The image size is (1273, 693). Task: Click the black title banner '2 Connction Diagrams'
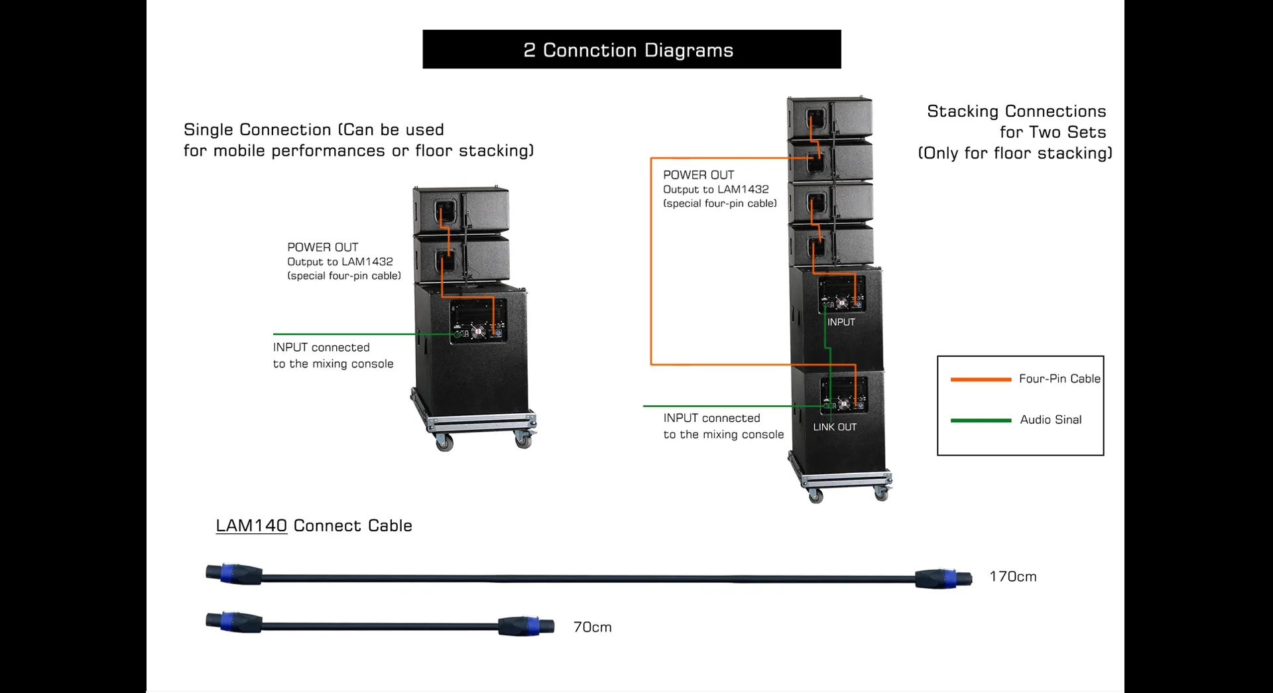pos(631,50)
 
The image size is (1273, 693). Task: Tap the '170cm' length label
pos(1012,577)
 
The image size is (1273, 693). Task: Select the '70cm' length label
pos(592,627)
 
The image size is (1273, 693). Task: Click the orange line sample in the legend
pos(981,379)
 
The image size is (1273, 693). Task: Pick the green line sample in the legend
pos(981,420)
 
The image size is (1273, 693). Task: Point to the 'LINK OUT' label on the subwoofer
pos(835,427)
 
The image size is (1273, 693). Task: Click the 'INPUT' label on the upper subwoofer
pos(841,322)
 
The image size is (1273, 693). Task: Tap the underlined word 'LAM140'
pos(251,526)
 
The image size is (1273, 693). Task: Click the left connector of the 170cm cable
pos(234,574)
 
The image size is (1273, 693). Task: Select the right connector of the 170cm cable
pos(943,578)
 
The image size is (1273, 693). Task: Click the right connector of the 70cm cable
pos(526,627)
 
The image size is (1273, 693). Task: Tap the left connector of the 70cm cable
pos(234,622)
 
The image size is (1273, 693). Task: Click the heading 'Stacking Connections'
pos(1016,111)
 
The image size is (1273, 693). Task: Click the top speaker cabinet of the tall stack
pos(830,118)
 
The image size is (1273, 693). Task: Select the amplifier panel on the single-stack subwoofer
pos(478,321)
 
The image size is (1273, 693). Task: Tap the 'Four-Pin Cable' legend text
pos(1059,379)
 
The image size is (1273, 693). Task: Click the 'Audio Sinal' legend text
pos(1050,420)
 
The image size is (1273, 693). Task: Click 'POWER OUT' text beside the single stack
pos(322,247)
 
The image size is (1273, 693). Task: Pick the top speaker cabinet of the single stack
pos(461,209)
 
